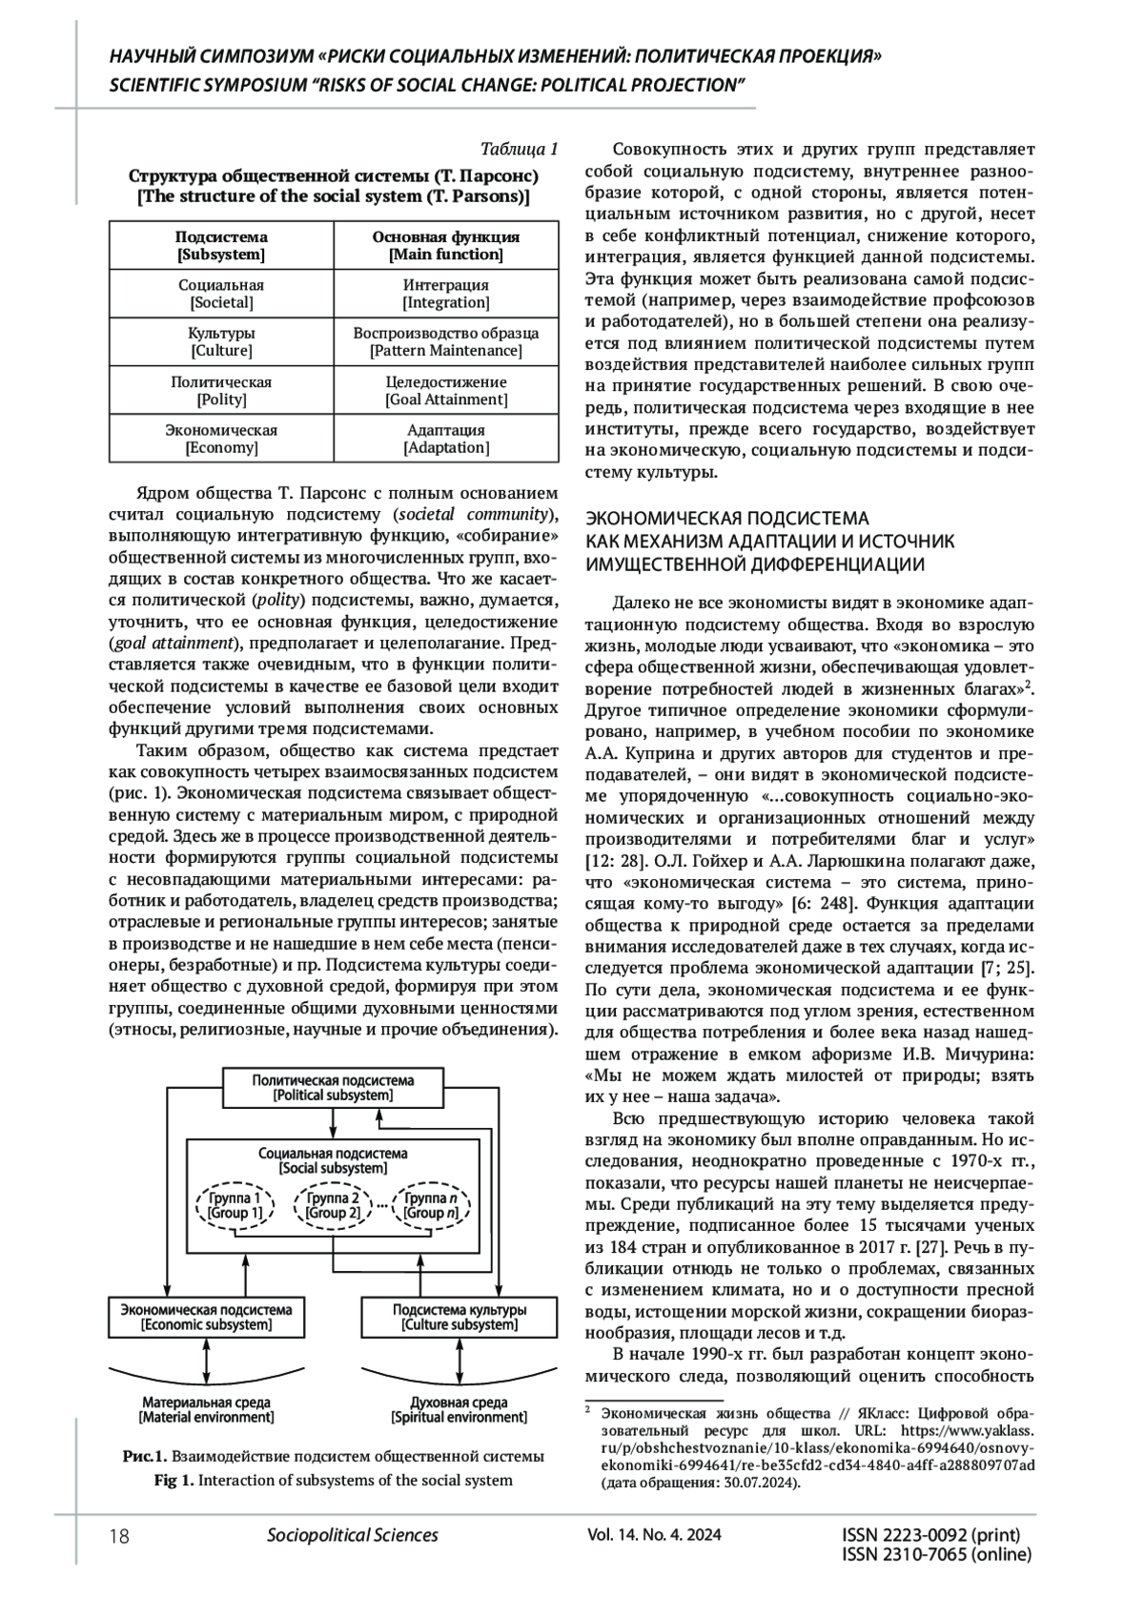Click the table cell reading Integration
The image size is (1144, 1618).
445,294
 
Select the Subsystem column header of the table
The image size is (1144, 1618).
221,246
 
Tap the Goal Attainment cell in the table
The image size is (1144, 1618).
445,391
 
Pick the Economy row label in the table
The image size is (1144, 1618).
221,439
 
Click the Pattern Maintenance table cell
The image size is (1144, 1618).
445,342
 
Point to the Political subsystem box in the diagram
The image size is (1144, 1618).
333,1088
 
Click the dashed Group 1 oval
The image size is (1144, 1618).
235,1205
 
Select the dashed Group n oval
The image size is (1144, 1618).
431,1205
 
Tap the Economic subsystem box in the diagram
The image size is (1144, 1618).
206,1317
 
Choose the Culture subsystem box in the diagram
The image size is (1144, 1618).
459,1317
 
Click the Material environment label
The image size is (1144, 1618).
206,1409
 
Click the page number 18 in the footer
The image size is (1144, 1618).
120,1535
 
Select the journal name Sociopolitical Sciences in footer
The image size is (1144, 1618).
353,1535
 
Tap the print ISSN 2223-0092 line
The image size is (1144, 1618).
931,1535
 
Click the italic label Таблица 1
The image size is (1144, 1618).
519,149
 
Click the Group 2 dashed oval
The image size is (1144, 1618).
333,1205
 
